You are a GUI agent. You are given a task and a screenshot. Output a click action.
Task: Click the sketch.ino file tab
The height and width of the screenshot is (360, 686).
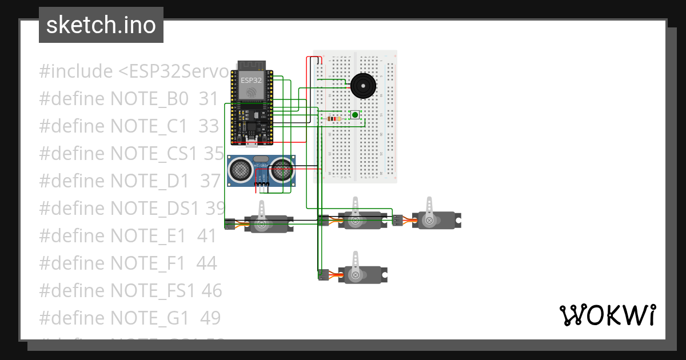101,25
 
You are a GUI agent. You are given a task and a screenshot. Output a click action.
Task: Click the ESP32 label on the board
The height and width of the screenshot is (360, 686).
251,81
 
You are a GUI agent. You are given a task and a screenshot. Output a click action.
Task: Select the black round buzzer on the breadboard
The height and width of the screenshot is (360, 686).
363,86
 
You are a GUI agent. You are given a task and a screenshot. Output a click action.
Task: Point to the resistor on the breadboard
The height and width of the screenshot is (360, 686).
333,118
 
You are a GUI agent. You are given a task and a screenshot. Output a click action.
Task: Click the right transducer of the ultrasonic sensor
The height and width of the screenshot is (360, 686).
281,169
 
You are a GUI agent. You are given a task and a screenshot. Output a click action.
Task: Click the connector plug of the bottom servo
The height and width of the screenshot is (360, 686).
324,275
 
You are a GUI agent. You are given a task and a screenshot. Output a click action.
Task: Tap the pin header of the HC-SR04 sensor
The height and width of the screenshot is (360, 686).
261,185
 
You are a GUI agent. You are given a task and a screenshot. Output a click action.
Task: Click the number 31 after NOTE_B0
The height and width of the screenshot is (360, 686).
209,99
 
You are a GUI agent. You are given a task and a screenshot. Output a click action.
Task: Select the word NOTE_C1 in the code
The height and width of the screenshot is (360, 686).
149,126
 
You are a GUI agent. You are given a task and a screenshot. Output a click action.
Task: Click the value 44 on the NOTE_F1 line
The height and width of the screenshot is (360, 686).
206,263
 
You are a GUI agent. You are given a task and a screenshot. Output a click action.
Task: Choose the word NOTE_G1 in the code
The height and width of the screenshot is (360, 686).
149,318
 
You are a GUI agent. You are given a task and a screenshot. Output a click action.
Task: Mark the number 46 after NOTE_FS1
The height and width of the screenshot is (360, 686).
212,290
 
